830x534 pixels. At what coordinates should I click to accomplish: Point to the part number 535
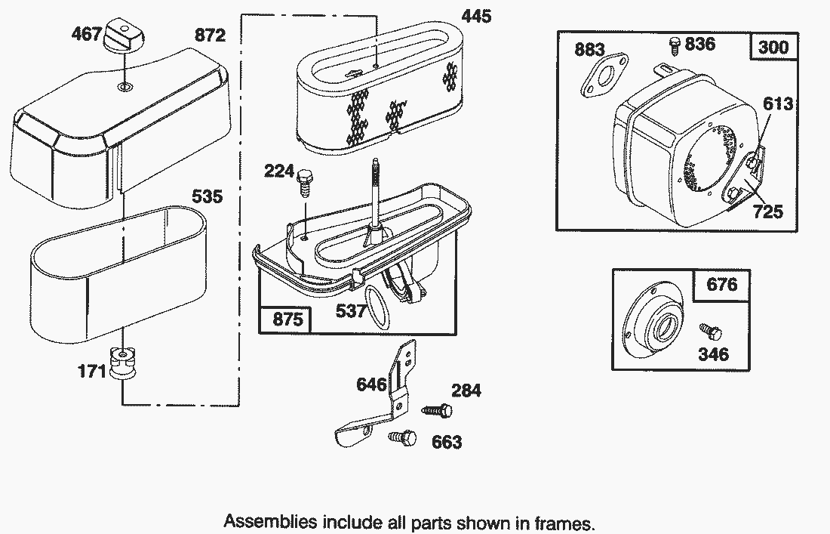(207, 197)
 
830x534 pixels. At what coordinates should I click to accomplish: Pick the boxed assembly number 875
(287, 319)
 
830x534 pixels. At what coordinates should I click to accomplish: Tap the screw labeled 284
(436, 410)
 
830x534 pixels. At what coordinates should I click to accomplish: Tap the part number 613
(778, 103)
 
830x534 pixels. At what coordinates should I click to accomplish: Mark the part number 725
(767, 212)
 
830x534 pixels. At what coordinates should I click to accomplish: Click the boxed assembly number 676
(721, 286)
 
